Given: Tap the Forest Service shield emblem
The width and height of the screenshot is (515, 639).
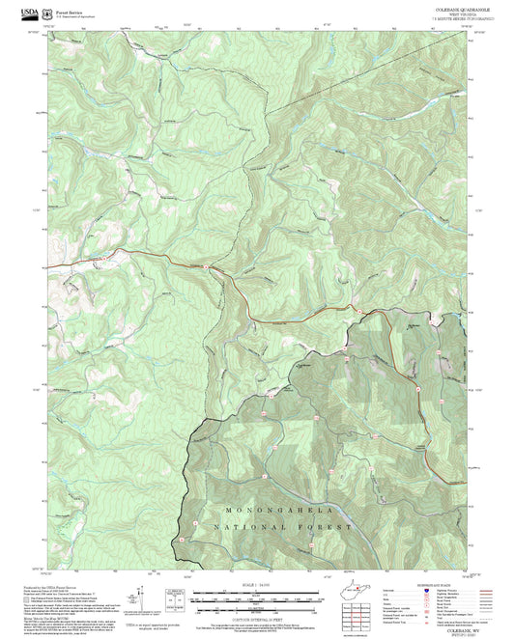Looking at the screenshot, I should [51, 12].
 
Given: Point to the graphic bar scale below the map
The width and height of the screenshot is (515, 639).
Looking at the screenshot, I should [257, 597].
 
